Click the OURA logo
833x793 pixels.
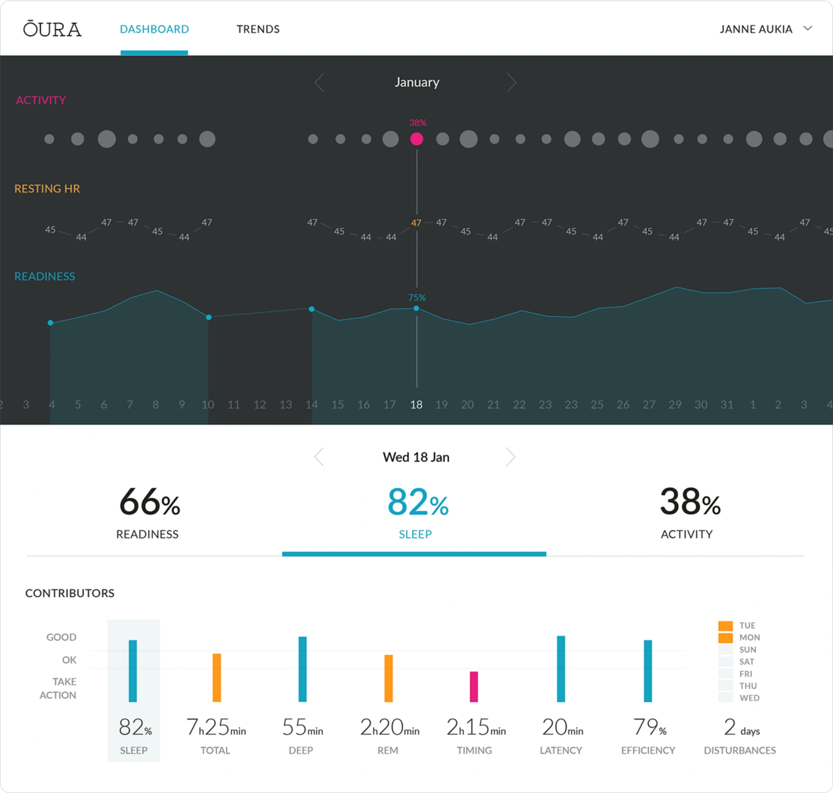tap(52, 29)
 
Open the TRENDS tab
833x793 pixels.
tap(258, 29)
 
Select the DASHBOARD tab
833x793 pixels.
tap(154, 29)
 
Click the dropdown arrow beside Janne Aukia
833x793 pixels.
tap(808, 28)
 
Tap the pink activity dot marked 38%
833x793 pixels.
tap(416, 139)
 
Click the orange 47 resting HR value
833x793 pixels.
tap(416, 223)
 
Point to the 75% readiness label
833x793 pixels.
tap(417, 298)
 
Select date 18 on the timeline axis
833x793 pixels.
tap(416, 404)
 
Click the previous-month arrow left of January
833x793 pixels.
tap(319, 82)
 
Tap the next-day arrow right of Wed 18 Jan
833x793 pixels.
tap(510, 457)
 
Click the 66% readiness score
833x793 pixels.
tap(150, 502)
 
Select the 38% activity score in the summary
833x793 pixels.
tap(690, 502)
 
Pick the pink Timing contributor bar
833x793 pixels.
tap(474, 687)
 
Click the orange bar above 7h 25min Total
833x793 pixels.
tap(217, 678)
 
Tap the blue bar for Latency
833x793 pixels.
tap(561, 669)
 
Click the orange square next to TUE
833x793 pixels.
tap(725, 626)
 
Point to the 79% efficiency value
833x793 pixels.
tap(649, 727)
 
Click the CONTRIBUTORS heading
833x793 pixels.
tap(70, 593)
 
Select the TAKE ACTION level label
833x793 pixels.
tap(58, 688)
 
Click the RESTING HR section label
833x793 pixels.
tap(47, 189)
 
